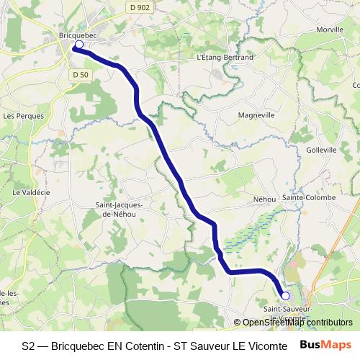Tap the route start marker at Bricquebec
click(x=78, y=45)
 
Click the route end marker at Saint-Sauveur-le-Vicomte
click(x=285, y=295)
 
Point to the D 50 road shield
click(x=80, y=74)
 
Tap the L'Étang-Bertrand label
click(x=225, y=57)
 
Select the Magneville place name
click(x=256, y=114)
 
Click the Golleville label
click(x=320, y=150)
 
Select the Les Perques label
click(x=24, y=115)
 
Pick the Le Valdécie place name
click(x=29, y=192)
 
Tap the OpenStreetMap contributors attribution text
click(x=297, y=323)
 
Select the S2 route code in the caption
click(x=27, y=345)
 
